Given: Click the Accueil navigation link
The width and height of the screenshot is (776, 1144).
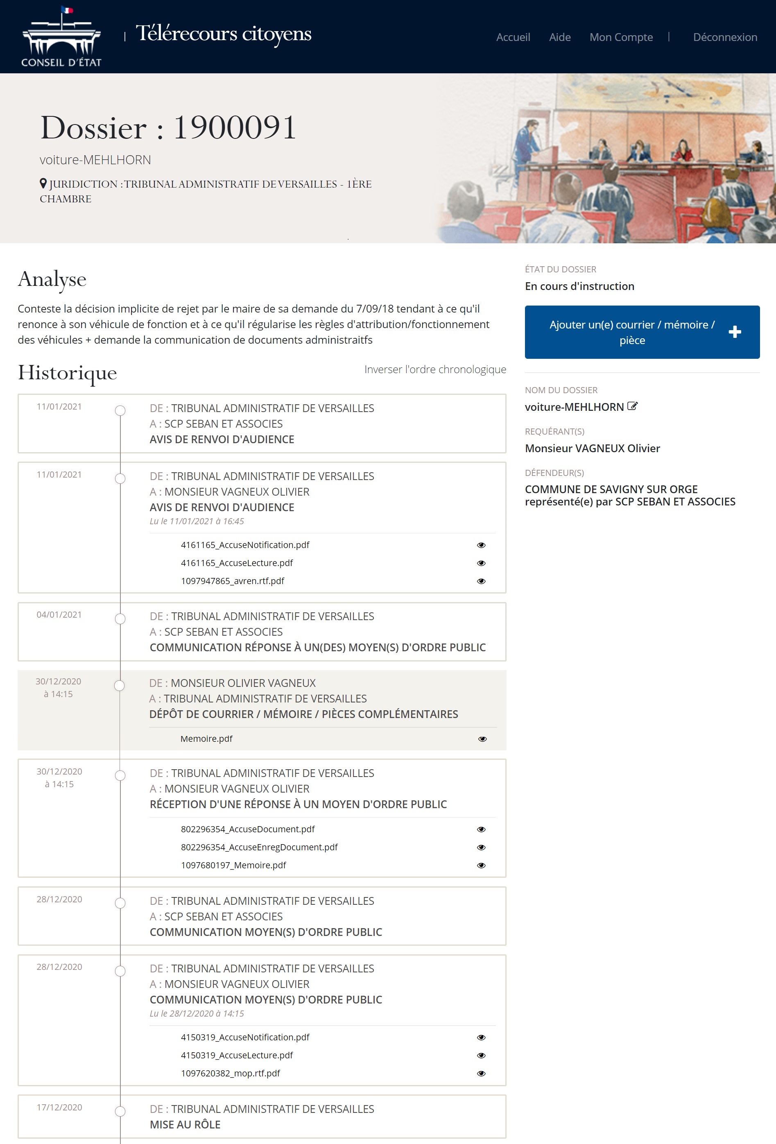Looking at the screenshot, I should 513,37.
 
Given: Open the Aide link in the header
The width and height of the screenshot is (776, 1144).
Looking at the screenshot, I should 559,37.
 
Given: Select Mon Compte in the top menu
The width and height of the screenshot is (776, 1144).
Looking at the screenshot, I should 621,37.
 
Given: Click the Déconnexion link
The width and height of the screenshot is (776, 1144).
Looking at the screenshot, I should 725,37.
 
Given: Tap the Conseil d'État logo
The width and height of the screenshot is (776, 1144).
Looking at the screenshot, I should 61,37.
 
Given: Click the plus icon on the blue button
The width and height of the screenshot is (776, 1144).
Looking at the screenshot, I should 735,332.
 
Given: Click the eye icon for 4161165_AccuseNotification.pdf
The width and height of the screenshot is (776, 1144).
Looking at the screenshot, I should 481,545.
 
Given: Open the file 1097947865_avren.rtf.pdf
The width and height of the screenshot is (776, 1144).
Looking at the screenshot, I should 232,581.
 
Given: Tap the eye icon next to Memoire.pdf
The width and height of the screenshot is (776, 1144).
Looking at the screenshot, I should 482,739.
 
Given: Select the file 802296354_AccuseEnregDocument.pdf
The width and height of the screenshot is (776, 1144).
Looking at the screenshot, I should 259,847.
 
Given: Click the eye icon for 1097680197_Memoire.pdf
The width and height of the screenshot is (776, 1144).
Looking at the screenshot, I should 481,865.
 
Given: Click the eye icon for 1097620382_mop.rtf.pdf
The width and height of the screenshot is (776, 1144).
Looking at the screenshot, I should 481,1074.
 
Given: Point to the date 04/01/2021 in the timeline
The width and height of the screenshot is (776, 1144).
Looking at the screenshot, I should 59,615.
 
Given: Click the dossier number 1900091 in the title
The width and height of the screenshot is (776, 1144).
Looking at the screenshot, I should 235,128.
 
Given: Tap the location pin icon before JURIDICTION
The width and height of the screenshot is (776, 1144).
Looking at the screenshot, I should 43,183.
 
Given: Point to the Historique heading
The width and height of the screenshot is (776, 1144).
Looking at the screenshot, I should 68,373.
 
